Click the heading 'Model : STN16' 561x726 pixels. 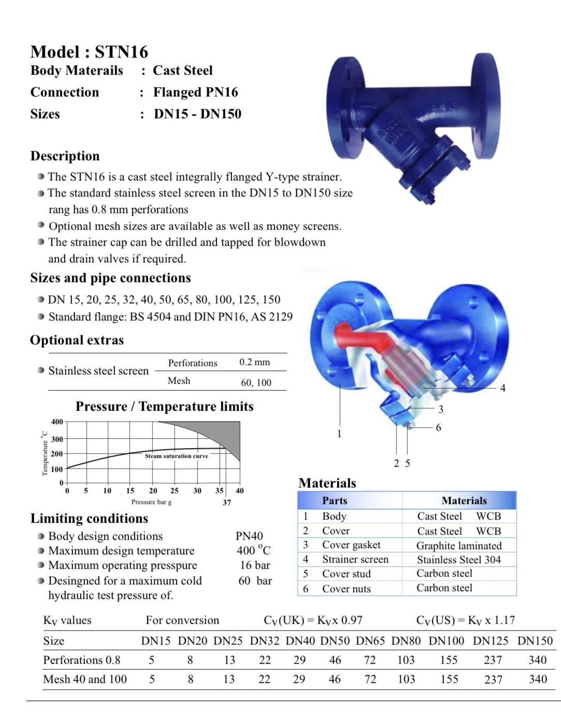[89, 52]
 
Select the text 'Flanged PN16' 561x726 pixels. [195, 92]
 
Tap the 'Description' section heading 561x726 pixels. [65, 156]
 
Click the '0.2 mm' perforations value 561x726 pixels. [254, 362]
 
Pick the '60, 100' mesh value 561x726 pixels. [256, 383]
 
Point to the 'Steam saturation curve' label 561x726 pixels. [176, 456]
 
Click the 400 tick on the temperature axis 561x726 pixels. [57, 422]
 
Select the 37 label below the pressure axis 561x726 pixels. [227, 502]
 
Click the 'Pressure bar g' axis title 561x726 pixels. [151, 502]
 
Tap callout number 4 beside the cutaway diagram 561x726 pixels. [502, 388]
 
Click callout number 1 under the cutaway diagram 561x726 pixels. [339, 434]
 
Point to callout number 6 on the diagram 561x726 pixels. [438, 428]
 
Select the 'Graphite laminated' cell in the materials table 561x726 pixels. [459, 546]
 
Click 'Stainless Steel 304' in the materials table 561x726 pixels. [459, 560]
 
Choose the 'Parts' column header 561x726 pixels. [335, 500]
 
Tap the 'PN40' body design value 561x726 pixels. [249, 536]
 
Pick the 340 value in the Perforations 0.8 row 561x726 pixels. [537, 660]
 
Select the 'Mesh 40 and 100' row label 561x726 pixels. [85, 679]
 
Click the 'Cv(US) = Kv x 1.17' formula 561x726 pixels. [465, 620]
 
